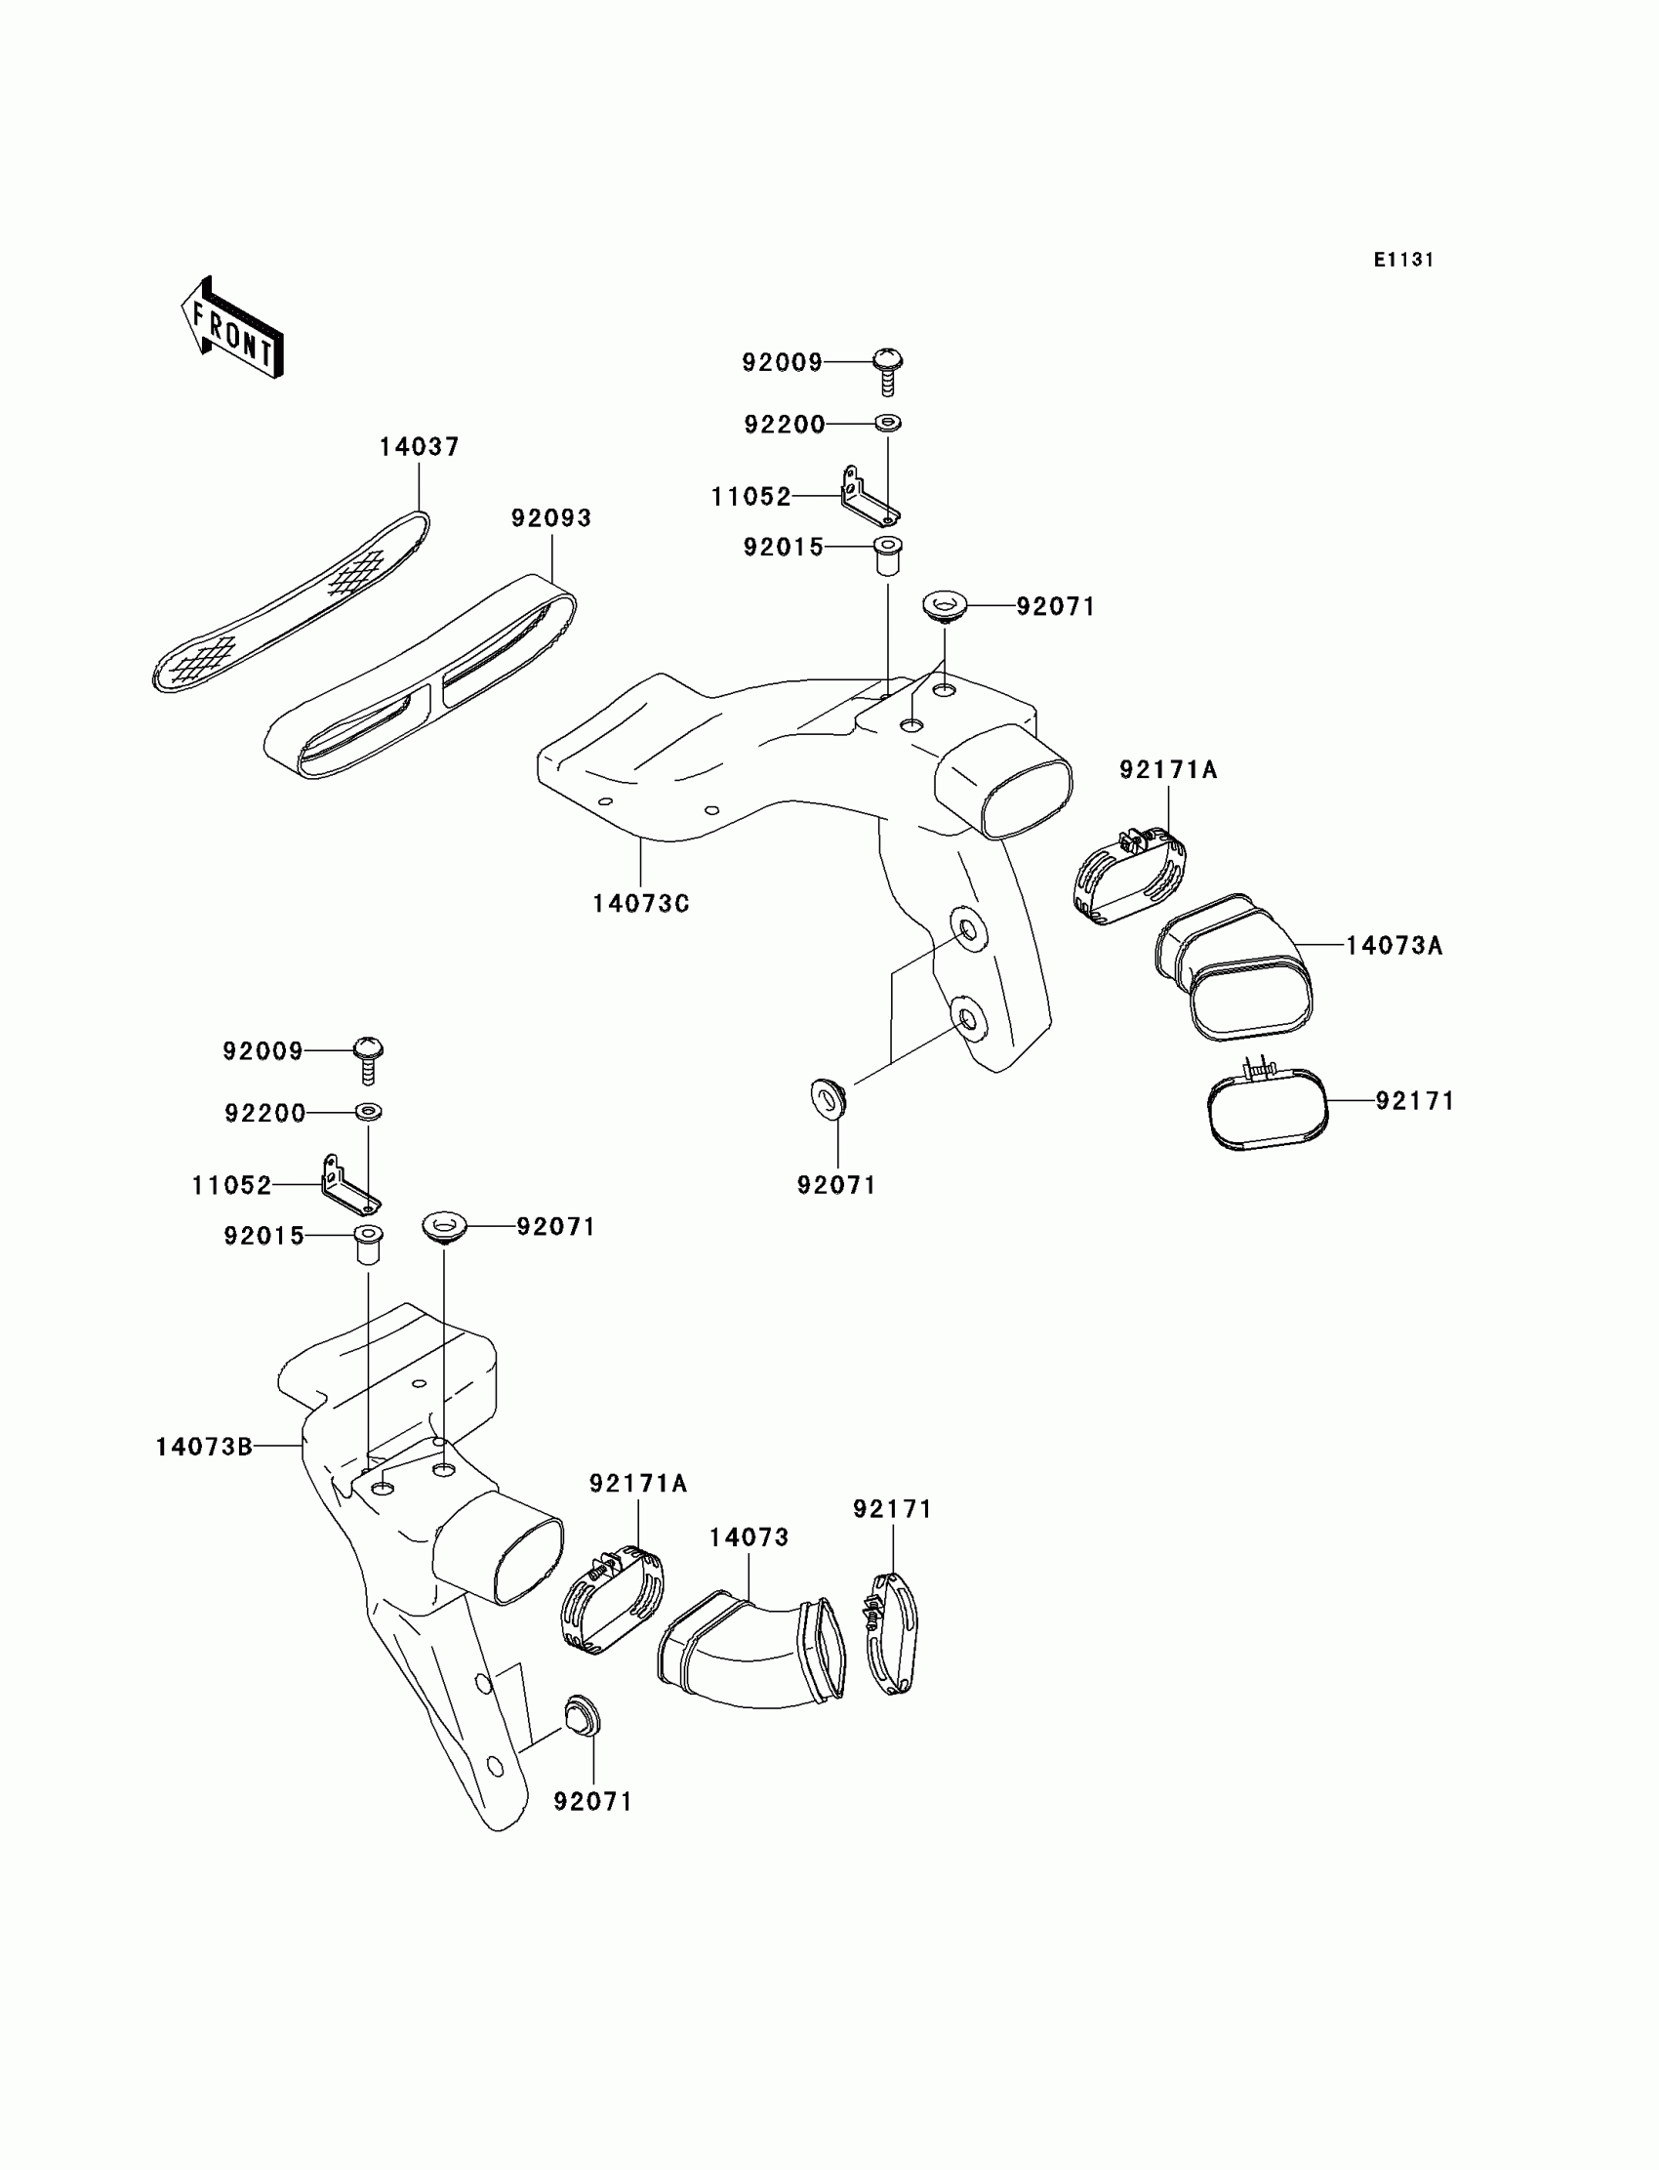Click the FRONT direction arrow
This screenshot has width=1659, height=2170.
pyautogui.click(x=232, y=328)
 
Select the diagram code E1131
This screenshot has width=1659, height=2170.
pyautogui.click(x=1402, y=260)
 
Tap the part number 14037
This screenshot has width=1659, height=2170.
pyautogui.click(x=420, y=447)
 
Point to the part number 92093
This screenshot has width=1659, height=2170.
pyautogui.click(x=551, y=518)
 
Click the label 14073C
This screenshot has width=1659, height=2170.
pyautogui.click(x=641, y=904)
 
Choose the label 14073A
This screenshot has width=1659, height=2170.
pyautogui.click(x=1395, y=946)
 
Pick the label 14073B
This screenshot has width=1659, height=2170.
pyautogui.click(x=203, y=1447)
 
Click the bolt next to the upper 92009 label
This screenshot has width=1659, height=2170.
pyautogui.click(x=888, y=369)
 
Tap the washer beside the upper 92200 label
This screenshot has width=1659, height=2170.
pyautogui.click(x=888, y=424)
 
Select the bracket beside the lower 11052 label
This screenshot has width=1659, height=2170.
pyautogui.click(x=348, y=1185)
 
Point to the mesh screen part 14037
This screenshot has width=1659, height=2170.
pyautogui.click(x=292, y=604)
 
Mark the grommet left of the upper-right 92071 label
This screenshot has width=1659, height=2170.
pyautogui.click(x=945, y=605)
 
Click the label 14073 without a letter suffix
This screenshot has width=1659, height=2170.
pyautogui.click(x=749, y=1537)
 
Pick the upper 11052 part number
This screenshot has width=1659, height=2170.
pyautogui.click(x=751, y=497)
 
